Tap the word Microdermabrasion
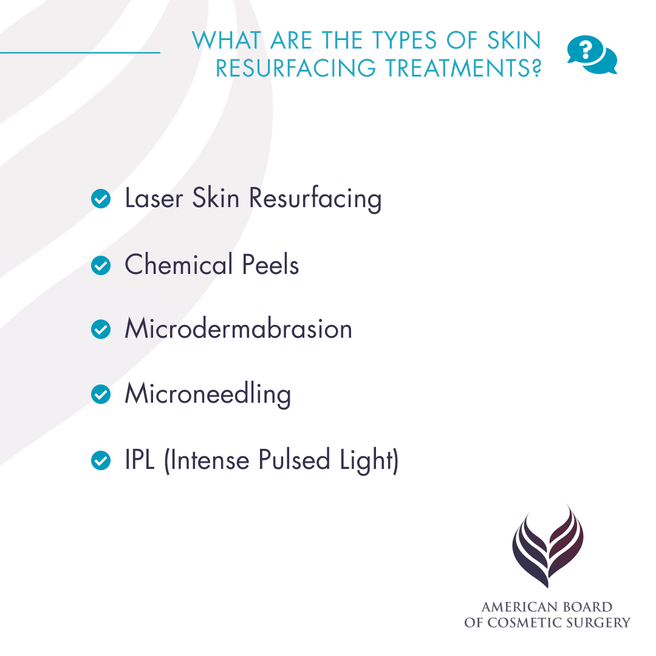click(x=238, y=329)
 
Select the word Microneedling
click(x=208, y=395)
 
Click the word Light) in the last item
click(x=369, y=460)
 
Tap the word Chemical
click(x=179, y=265)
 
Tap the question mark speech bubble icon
click(x=591, y=55)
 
